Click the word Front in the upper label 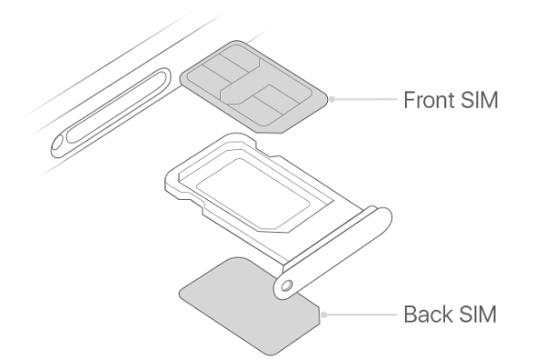pyautogui.click(x=431, y=99)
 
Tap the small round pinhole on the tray pyautogui.click(x=287, y=285)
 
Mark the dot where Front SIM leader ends pyautogui.click(x=333, y=99)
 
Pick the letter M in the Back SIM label pyautogui.click(x=490, y=315)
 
